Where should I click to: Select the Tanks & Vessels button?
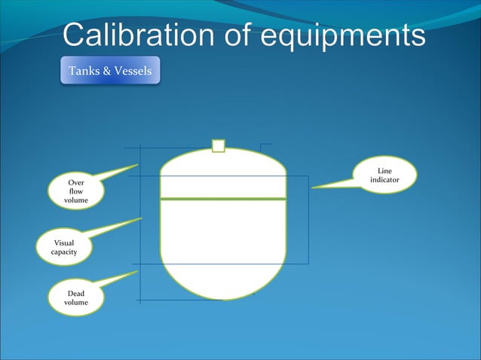tap(110, 71)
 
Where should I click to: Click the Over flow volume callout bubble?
tap(76, 191)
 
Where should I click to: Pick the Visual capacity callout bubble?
tap(64, 247)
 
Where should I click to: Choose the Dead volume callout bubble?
tap(76, 297)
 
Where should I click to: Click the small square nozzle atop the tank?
tap(219, 145)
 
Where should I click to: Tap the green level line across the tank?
tap(222, 199)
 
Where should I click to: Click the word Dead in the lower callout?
tap(76, 292)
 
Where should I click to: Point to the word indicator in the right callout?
tap(384, 181)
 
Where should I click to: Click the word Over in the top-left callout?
tap(76, 183)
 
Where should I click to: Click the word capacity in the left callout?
tap(64, 252)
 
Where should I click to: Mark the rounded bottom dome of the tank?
tap(222, 279)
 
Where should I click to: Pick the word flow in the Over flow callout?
tap(76, 191)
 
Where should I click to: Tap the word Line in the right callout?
tap(384, 172)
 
